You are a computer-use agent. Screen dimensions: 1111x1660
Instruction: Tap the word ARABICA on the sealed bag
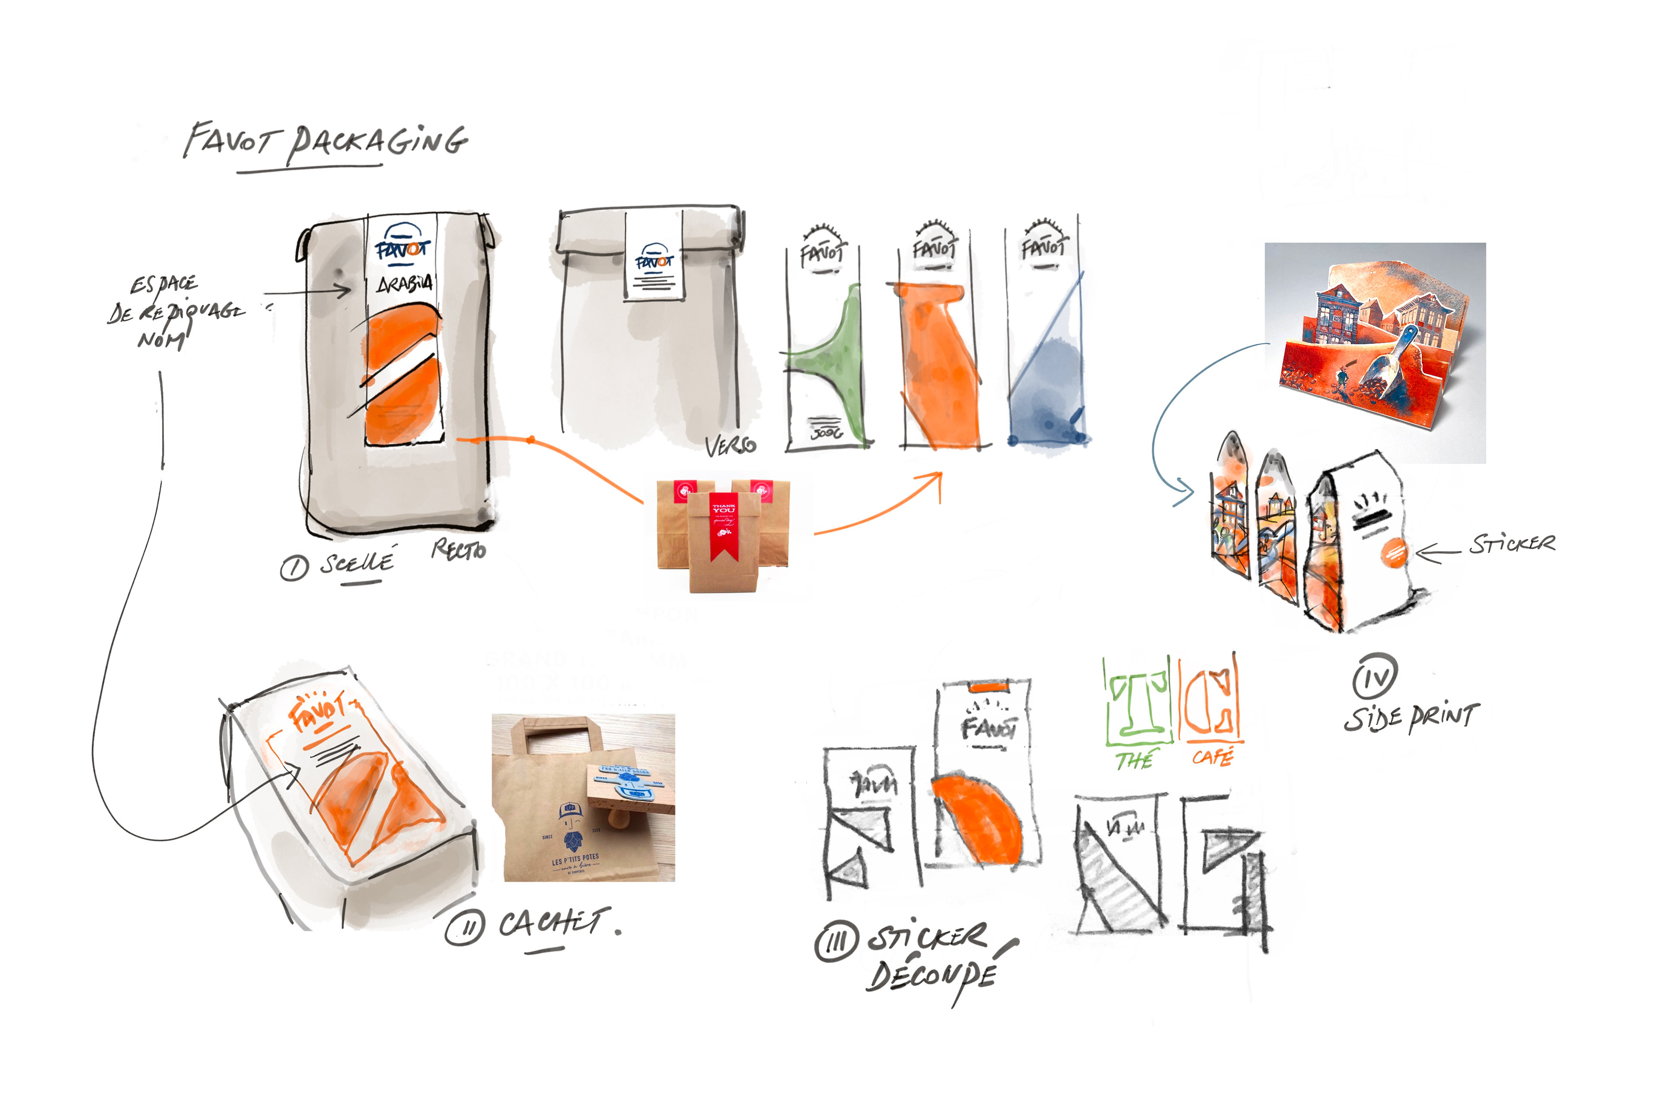[405, 284]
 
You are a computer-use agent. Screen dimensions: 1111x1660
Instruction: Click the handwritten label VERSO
[731, 445]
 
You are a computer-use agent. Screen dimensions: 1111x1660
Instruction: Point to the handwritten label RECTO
[459, 549]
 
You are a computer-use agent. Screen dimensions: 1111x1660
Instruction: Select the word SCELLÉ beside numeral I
[357, 563]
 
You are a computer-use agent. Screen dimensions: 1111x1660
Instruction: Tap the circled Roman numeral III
[836, 943]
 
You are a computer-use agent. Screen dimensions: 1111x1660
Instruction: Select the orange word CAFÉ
[1213, 757]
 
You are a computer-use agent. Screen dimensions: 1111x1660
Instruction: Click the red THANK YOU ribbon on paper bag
[724, 524]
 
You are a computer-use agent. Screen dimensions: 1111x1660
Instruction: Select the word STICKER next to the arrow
[1512, 544]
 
